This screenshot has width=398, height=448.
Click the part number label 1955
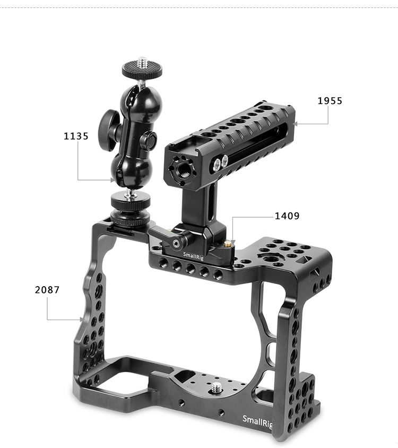coord(330,101)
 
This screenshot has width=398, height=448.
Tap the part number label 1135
coord(76,136)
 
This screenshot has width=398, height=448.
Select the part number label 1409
coord(287,216)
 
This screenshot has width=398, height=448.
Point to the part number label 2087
coord(47,290)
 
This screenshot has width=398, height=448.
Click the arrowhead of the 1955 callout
coord(296,124)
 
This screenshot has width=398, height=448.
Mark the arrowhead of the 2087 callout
coord(81,320)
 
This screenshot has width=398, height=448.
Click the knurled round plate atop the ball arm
coord(142,69)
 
